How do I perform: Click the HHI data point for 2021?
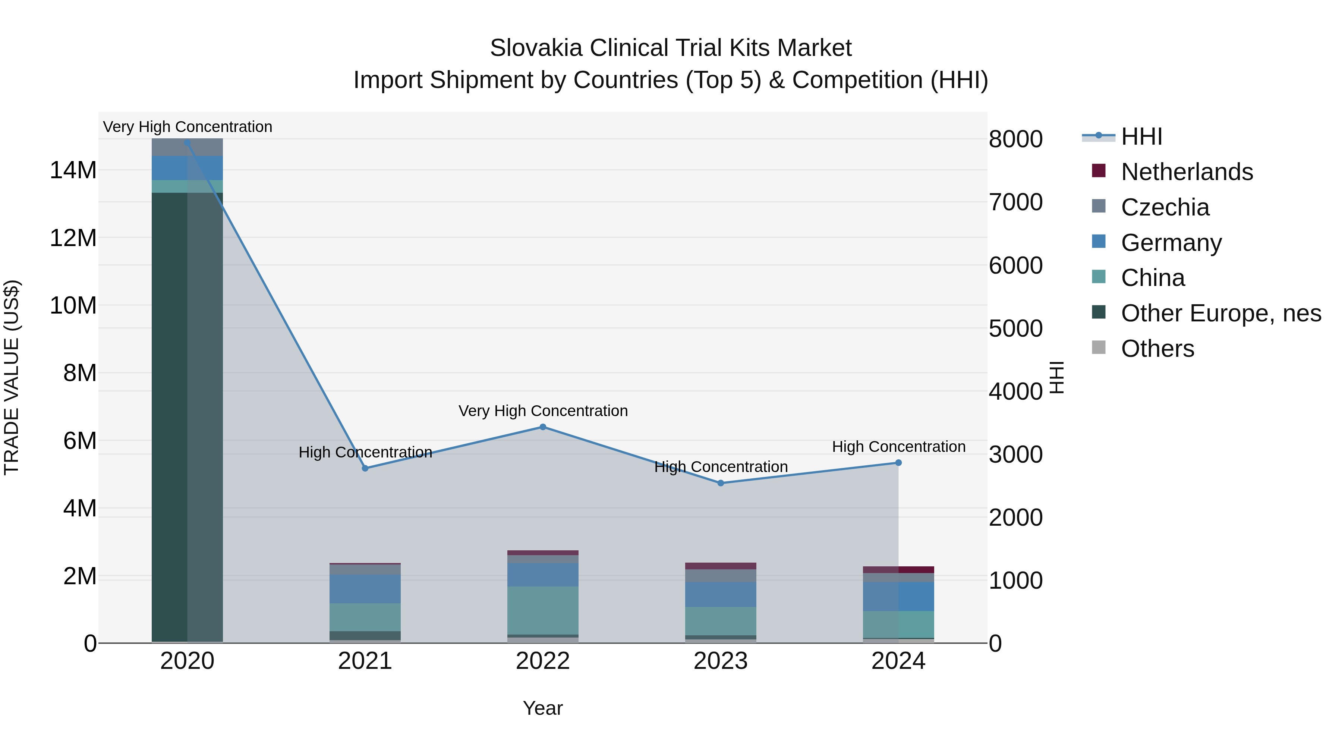click(365, 468)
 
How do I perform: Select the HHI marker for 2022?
click(543, 427)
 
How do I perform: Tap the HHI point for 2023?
click(721, 483)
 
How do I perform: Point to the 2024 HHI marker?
click(898, 463)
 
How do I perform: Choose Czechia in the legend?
click(1165, 207)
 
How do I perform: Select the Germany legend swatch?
click(1099, 242)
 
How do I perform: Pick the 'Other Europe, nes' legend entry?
click(1220, 313)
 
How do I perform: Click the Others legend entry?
click(1157, 349)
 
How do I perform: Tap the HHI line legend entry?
click(1141, 136)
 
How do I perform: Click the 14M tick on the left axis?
click(73, 170)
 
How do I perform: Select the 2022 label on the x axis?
click(543, 661)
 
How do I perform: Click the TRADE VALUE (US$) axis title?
click(12, 377)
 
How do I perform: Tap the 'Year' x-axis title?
click(543, 708)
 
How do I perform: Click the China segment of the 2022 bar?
click(543, 610)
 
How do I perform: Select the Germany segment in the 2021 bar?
click(365, 589)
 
